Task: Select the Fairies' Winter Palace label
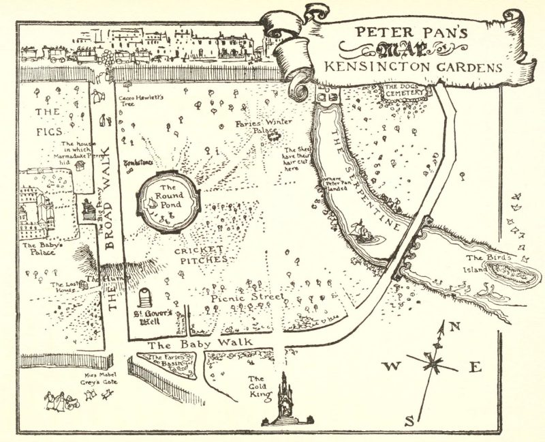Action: (258, 128)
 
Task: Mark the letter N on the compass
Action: (456, 326)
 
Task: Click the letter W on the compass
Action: (390, 366)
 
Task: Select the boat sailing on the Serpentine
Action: (364, 234)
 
